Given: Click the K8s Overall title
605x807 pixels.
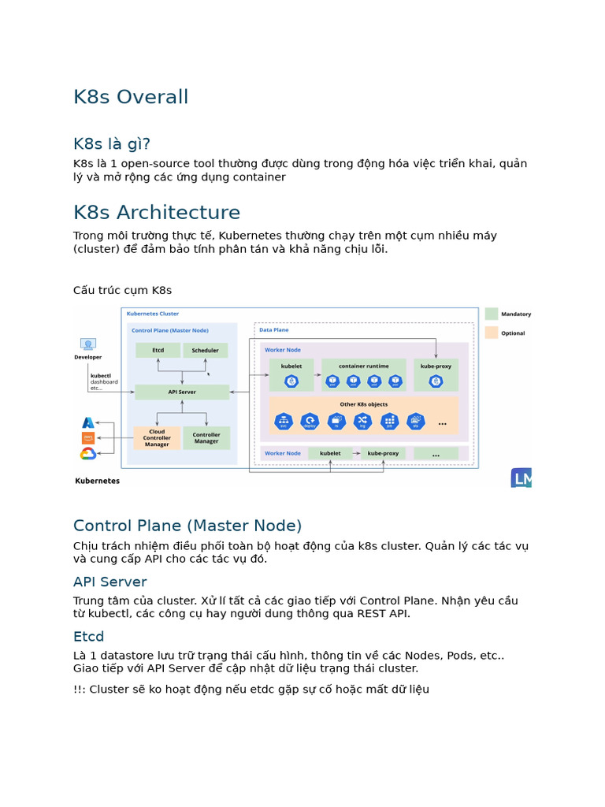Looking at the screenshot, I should [x=131, y=97].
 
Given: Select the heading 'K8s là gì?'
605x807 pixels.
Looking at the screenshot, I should [x=111, y=143].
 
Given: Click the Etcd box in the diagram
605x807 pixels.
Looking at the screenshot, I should [x=158, y=350].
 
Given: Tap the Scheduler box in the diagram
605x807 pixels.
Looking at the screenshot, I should [x=206, y=350].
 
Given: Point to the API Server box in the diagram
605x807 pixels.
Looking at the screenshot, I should [x=182, y=392].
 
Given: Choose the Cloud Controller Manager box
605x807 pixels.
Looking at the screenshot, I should [x=157, y=438].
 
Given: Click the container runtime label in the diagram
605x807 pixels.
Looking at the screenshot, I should [x=363, y=366].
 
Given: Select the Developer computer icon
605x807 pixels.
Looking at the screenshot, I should [x=88, y=345].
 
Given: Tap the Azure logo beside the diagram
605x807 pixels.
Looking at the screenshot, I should [x=88, y=423].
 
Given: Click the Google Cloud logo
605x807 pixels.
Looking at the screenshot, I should [x=88, y=453].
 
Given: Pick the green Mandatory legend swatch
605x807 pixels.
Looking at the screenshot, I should [x=492, y=314].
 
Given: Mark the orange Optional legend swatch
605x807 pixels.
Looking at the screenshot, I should [x=492, y=333].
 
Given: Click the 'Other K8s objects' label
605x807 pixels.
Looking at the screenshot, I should [x=363, y=404].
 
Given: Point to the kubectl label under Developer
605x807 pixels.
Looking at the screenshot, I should [x=100, y=376].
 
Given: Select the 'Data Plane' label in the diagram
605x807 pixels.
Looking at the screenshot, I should [x=274, y=330].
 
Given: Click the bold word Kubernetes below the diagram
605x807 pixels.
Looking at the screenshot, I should [x=98, y=480].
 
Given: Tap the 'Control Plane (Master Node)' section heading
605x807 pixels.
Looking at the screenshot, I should [x=187, y=526].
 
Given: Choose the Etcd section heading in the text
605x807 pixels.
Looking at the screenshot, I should [x=88, y=636].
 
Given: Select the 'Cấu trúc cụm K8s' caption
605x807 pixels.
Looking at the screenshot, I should [x=122, y=290].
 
